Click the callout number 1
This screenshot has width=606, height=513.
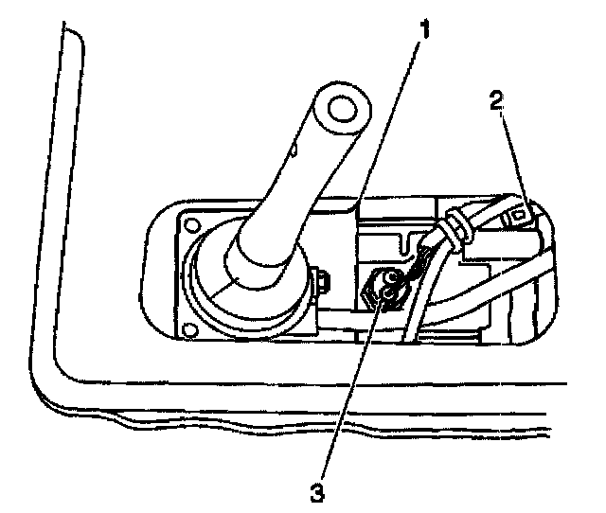426,28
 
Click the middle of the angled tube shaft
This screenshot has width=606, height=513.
284,189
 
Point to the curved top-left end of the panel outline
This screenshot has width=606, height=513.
70,33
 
